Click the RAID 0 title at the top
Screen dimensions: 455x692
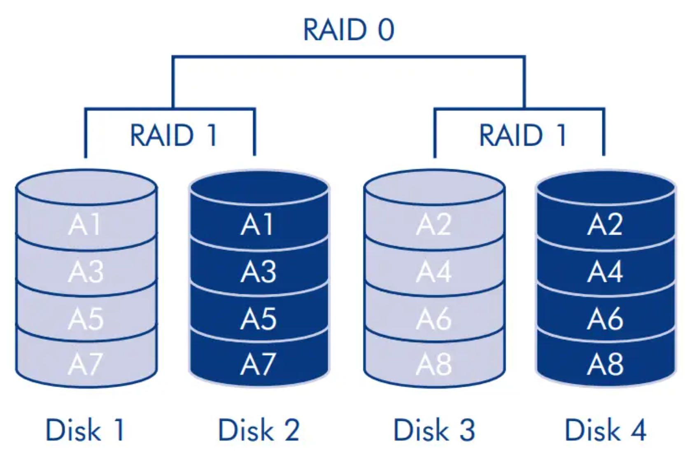coord(349,30)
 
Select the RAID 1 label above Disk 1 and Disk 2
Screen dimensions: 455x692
coord(174,135)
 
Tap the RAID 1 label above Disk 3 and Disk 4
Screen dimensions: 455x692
coord(523,135)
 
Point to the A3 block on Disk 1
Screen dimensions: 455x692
coord(86,272)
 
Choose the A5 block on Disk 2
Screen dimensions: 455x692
coord(259,319)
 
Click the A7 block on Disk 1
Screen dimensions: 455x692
coord(86,364)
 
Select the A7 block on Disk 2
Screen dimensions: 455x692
coord(259,364)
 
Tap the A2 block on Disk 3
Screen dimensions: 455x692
coord(433,225)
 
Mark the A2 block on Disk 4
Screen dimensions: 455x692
coord(605,225)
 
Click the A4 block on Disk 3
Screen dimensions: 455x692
coord(433,272)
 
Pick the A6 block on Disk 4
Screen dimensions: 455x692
coord(605,319)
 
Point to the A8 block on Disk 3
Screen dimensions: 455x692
coord(433,364)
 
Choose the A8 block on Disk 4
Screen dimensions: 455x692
coord(605,364)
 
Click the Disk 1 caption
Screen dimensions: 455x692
coord(85,430)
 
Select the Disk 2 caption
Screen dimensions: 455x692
coord(259,430)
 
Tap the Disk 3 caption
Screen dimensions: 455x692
coord(434,430)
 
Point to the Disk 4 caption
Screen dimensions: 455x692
coord(606,430)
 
